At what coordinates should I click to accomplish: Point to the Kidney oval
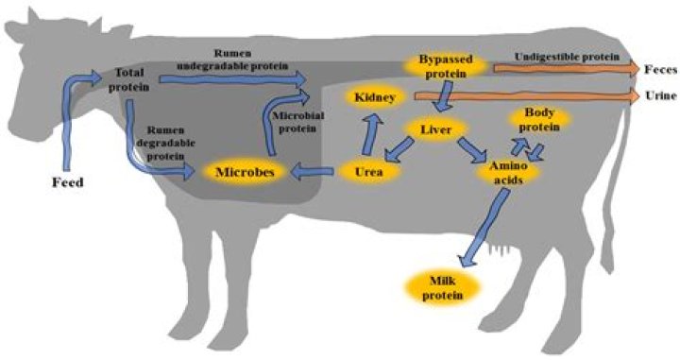(x=376, y=97)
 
